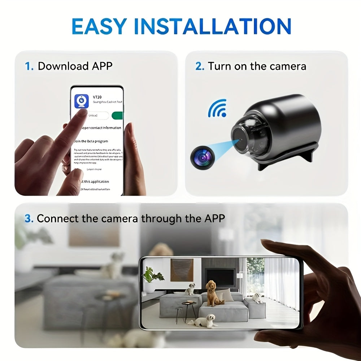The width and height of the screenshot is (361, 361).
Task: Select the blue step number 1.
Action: pos(29,66)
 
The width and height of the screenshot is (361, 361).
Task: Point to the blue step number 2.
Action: pos(200,66)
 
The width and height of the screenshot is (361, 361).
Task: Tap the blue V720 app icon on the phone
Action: pos(82,101)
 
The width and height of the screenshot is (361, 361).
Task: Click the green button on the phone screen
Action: pos(118,116)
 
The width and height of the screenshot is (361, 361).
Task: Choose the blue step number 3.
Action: pos(29,218)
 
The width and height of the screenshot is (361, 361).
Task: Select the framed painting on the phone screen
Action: pos(182,270)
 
